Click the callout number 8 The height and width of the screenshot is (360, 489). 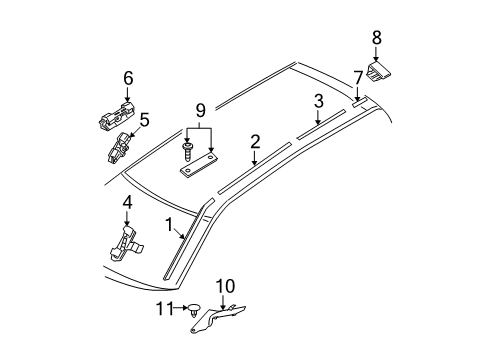[376, 38]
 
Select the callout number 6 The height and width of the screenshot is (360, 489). [128, 78]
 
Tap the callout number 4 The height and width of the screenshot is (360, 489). [128, 202]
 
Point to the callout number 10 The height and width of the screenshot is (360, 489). [225, 286]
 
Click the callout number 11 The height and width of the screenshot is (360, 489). [165, 309]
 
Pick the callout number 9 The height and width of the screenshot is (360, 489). [200, 111]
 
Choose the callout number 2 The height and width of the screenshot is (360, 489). [255, 142]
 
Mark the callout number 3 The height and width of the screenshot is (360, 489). [318, 101]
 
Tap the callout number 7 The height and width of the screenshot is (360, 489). [358, 79]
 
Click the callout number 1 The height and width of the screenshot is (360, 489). [169, 225]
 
